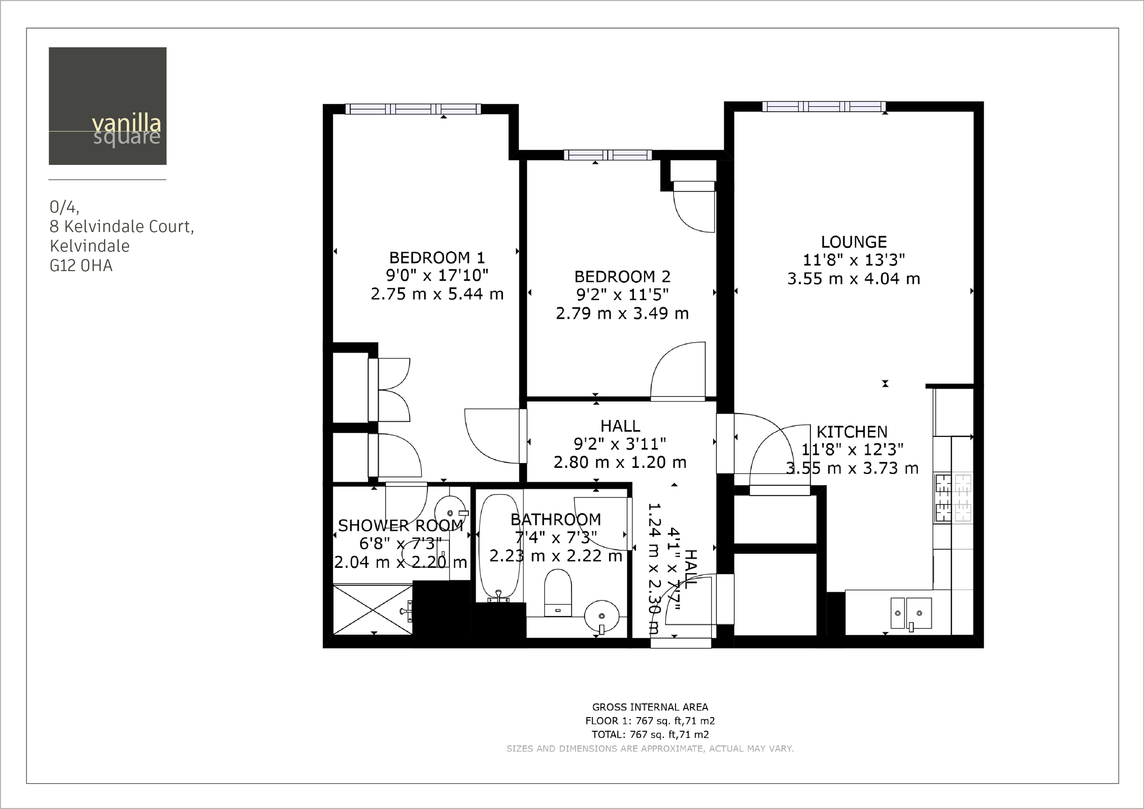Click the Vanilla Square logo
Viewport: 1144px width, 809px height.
[x=108, y=106]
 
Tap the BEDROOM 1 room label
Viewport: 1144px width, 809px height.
[x=437, y=258]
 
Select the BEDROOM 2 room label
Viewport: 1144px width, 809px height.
[x=623, y=276]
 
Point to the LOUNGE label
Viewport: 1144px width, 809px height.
[x=854, y=242]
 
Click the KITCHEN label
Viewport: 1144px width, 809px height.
[x=851, y=431]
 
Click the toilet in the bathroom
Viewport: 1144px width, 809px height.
[x=558, y=593]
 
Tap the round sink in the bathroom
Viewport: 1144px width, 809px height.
[x=602, y=617]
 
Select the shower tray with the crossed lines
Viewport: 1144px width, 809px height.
[x=373, y=610]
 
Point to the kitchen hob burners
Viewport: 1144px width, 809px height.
[x=953, y=498]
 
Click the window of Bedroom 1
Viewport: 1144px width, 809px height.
[x=413, y=109]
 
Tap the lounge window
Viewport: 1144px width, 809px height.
[x=824, y=106]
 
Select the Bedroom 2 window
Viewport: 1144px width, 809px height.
[x=607, y=155]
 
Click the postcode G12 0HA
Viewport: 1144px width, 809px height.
[x=81, y=265]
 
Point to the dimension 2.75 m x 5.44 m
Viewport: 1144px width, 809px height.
[x=437, y=294]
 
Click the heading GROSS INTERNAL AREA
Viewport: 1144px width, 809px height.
[x=650, y=707]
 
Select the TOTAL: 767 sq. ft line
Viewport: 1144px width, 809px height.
[x=650, y=734]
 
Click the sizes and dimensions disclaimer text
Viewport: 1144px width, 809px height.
[x=650, y=748]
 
